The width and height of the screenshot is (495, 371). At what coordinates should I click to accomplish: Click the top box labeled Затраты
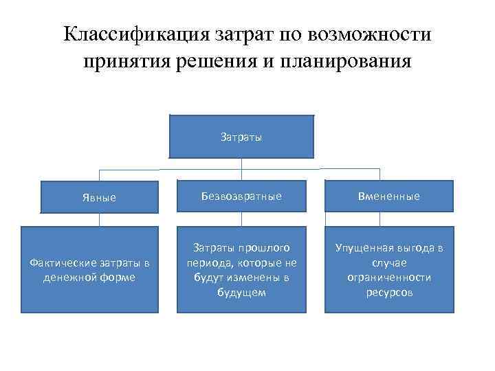click(241, 137)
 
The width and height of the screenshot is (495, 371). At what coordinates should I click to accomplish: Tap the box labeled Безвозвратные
click(241, 196)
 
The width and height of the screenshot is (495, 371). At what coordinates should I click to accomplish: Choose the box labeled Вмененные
click(388, 196)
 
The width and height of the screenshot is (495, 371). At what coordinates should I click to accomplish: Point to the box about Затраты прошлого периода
click(241, 270)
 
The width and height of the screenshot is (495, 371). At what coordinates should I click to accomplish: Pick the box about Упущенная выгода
click(388, 270)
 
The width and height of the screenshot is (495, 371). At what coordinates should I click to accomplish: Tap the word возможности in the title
click(371, 34)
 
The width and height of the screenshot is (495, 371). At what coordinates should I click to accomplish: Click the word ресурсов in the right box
click(388, 293)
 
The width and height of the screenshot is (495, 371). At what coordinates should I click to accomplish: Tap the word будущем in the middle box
click(241, 293)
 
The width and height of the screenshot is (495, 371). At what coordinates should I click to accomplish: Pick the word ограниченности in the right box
click(389, 278)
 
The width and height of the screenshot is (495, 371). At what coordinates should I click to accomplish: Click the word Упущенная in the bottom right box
click(365, 247)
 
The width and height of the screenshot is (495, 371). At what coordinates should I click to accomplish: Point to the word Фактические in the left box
click(57, 262)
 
